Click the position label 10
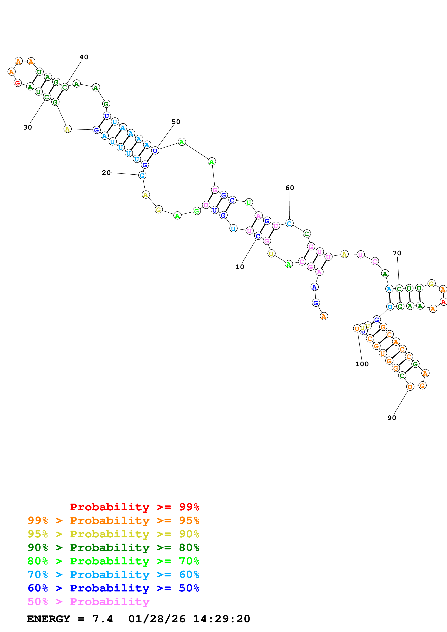click(x=239, y=267)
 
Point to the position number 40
click(x=84, y=57)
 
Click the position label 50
click(x=176, y=122)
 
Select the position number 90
click(x=392, y=418)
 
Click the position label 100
click(x=362, y=364)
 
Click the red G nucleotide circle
click(x=18, y=83)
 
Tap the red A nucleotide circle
click(x=443, y=302)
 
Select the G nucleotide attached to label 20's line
click(x=142, y=175)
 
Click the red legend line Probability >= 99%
click(x=134, y=507)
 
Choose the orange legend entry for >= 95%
click(x=113, y=520)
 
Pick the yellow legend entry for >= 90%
click(x=113, y=534)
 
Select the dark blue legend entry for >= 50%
click(x=113, y=588)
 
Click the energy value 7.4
click(x=102, y=619)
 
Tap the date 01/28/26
click(x=157, y=619)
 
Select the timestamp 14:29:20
click(x=221, y=619)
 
